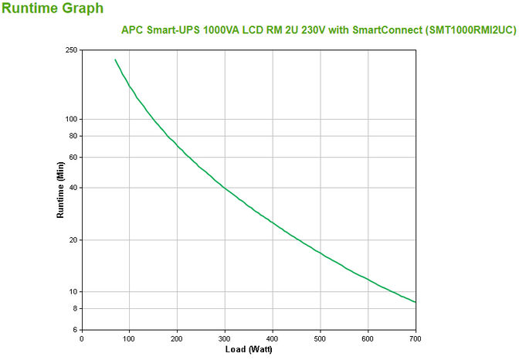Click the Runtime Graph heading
pyautogui.click(x=52, y=9)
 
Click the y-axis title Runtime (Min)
pyautogui.click(x=59, y=189)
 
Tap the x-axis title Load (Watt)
pyautogui.click(x=249, y=349)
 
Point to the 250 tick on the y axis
pyautogui.click(x=71, y=50)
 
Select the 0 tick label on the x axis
pyautogui.click(x=82, y=338)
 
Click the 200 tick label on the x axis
pyautogui.click(x=177, y=338)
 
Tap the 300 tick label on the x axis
pyautogui.click(x=225, y=338)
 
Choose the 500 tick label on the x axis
pyautogui.click(x=321, y=338)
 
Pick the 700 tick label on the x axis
pyautogui.click(x=416, y=338)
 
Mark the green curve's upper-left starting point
pyautogui.click(x=115, y=59)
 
